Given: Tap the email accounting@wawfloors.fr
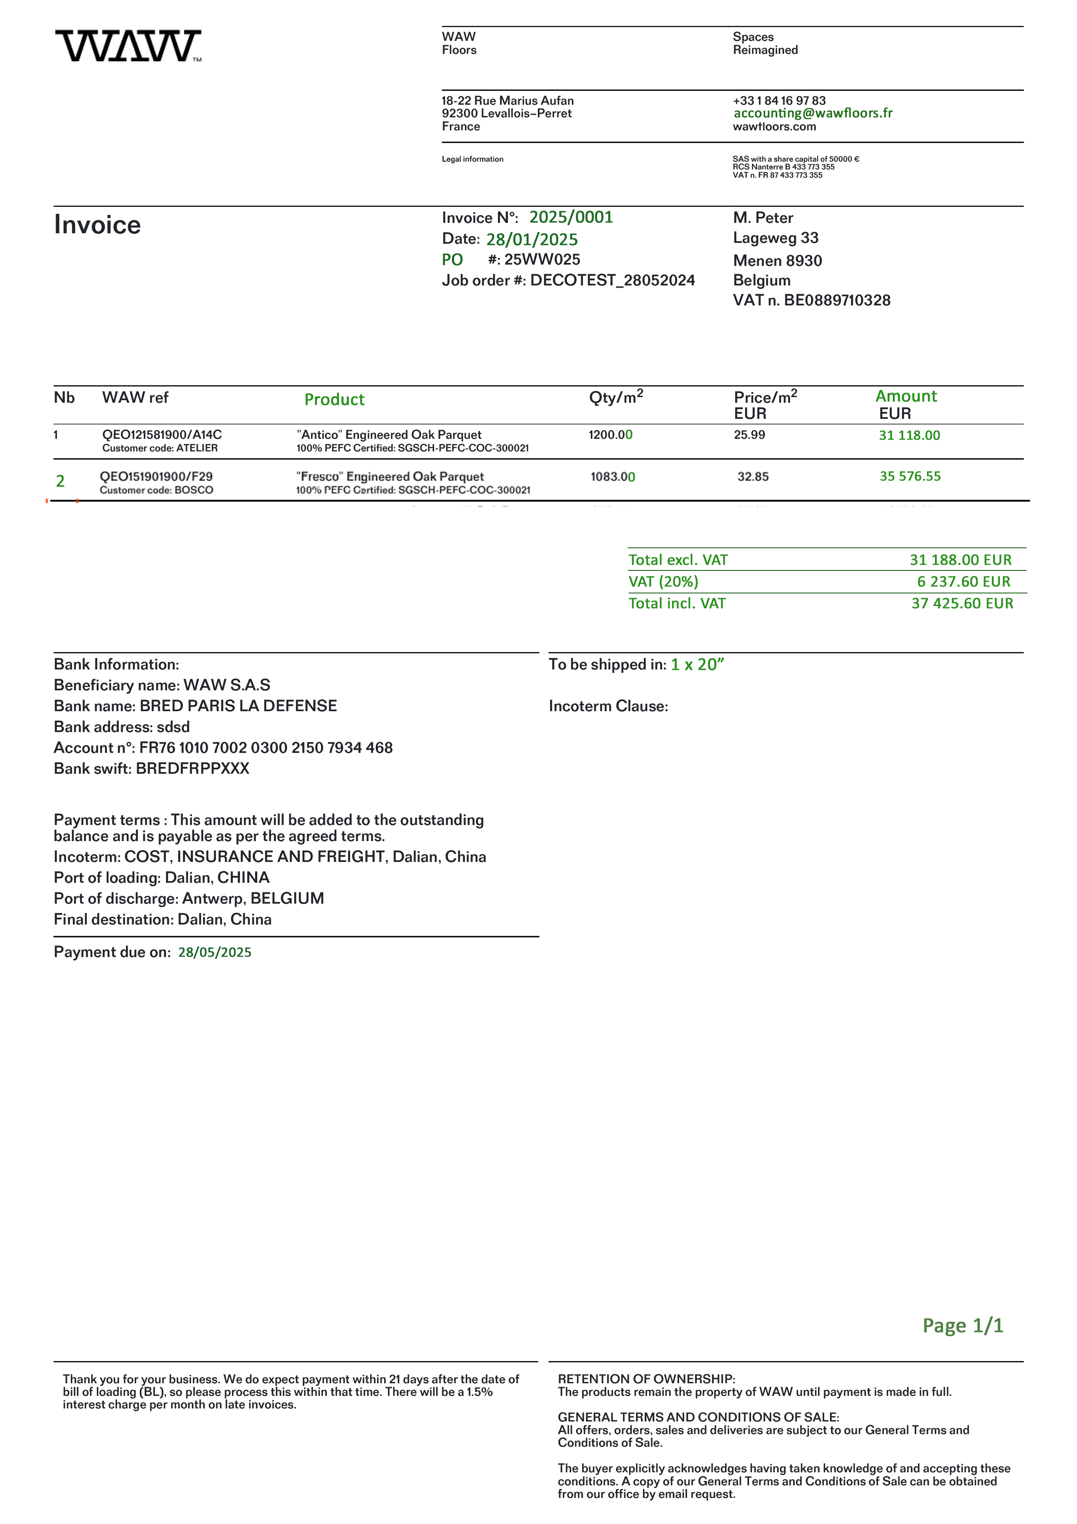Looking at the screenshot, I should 812,113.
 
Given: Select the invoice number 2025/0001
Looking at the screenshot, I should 571,217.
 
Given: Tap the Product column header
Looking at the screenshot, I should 335,400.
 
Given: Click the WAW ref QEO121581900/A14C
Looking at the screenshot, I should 162,435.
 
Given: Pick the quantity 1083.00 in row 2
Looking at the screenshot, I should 613,477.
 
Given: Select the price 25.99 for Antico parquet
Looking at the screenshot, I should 749,435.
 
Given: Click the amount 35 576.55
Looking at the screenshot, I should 910,476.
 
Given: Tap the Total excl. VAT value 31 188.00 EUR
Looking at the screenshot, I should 960,560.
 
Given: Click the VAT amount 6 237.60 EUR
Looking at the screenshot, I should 964,581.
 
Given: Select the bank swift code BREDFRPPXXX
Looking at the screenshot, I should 192,769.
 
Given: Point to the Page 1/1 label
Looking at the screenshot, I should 962,1325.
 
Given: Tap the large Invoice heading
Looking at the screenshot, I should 98,225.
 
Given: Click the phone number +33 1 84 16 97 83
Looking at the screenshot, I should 779,100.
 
